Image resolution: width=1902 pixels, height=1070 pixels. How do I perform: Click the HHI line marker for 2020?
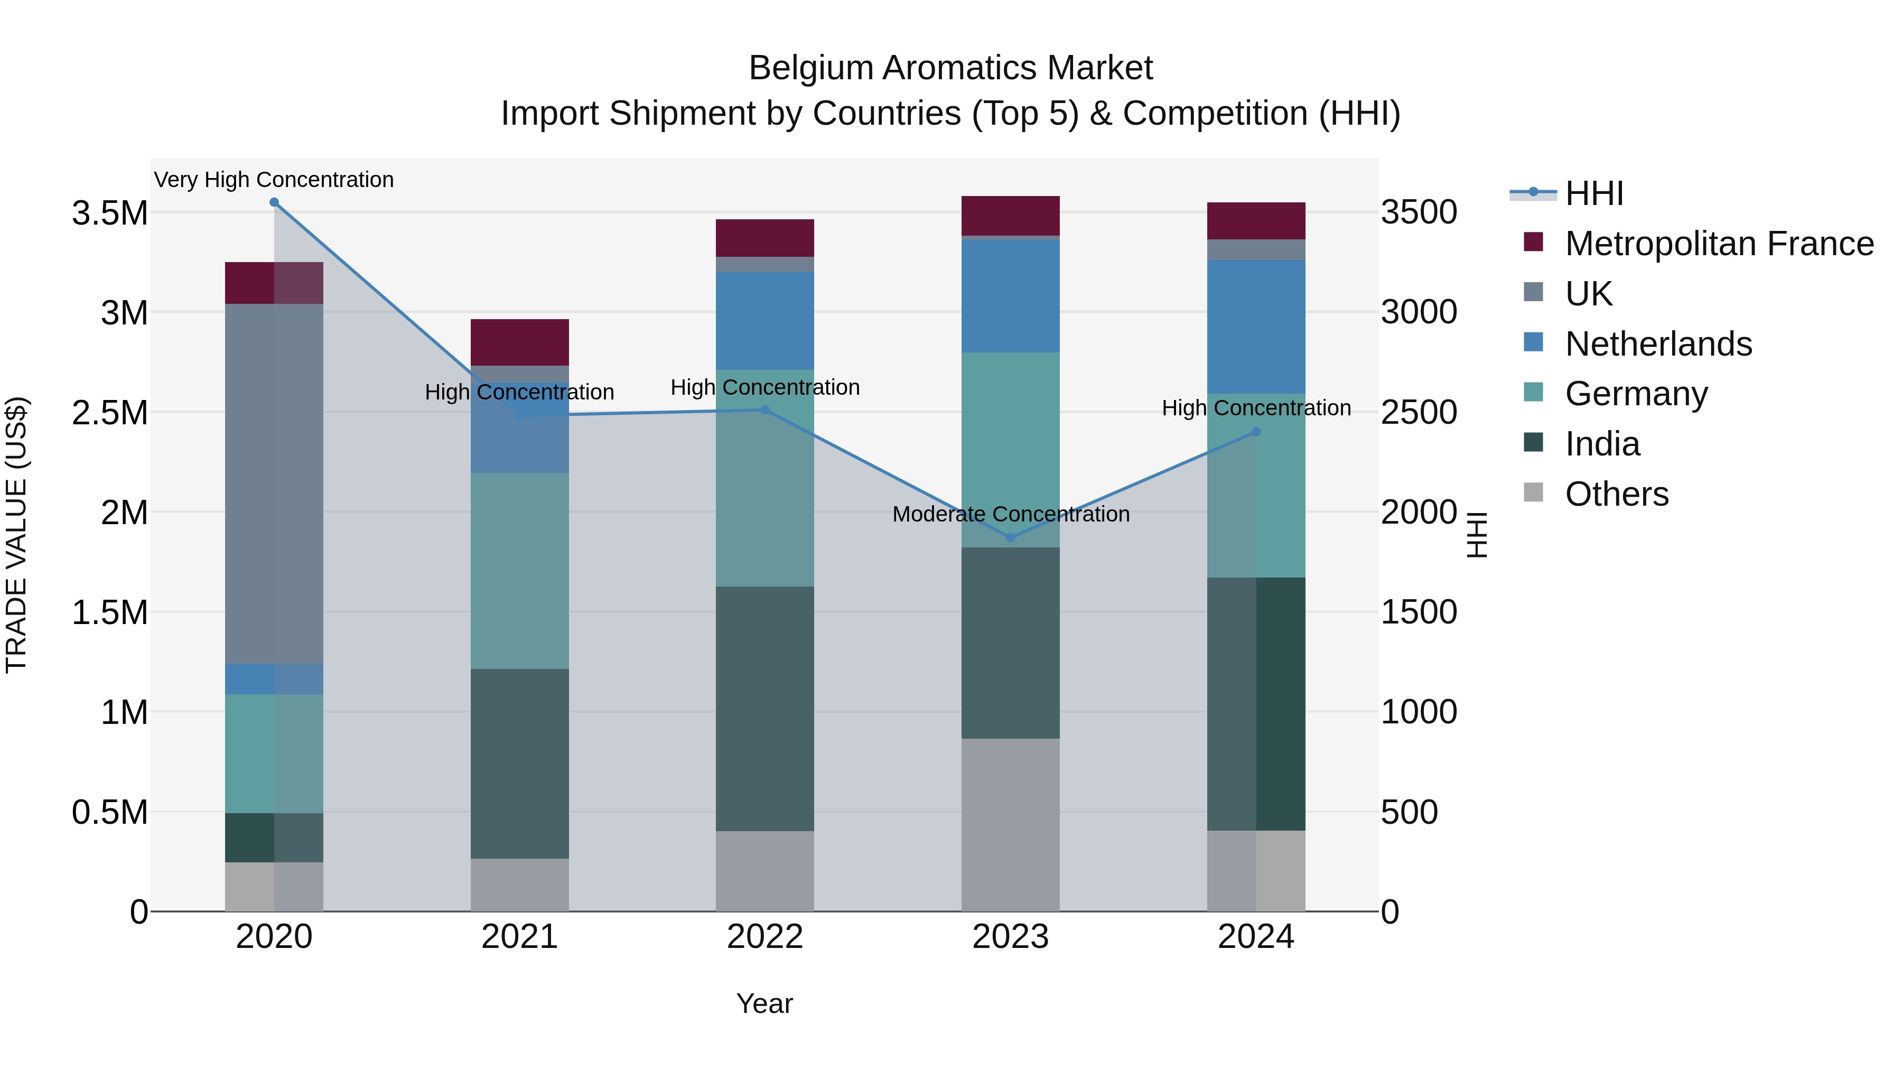274,202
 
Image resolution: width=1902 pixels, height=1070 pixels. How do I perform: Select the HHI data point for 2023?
1011,537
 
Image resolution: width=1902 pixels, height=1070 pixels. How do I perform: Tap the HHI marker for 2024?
1256,432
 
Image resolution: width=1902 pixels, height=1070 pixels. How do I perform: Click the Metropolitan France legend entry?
1719,244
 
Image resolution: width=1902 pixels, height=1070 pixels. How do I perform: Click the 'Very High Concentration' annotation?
274,180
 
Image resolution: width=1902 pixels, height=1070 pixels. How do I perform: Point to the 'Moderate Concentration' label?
1011,514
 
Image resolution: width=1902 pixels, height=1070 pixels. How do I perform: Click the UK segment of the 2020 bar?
274,483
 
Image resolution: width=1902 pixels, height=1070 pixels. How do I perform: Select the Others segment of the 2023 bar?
1011,824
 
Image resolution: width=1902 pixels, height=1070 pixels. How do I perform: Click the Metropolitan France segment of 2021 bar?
520,342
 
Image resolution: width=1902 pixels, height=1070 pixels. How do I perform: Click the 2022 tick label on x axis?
765,937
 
